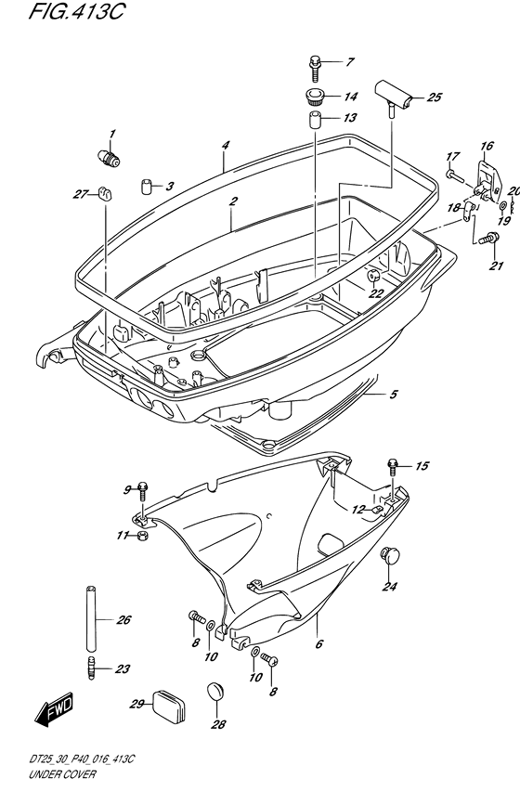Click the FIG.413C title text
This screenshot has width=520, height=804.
76,12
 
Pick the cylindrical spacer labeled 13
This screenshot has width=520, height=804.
315,119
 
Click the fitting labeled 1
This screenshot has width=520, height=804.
109,157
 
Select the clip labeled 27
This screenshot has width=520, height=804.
105,194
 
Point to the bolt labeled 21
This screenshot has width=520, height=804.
488,238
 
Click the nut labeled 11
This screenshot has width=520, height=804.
143,537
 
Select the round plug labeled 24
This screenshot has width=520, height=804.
389,555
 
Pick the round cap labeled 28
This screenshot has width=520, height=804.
215,691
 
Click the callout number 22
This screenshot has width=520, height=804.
376,293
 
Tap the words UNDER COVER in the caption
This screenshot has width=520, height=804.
62,773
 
